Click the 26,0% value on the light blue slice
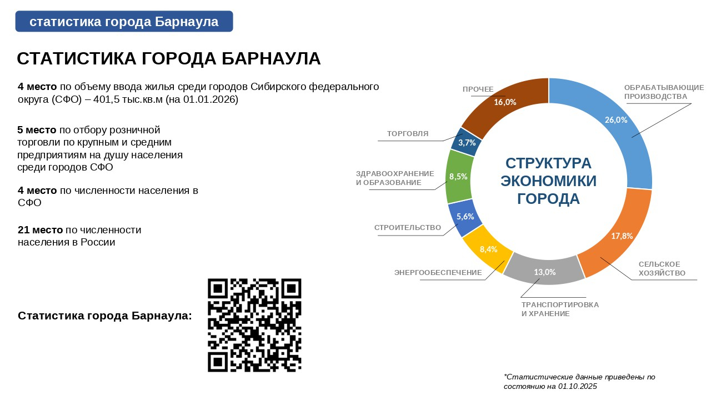tap(616, 119)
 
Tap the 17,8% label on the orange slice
tap(622, 236)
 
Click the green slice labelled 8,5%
tap(459, 177)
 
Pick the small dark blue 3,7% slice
tap(466, 142)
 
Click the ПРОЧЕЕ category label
tap(478, 89)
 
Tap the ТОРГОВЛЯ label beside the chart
tap(408, 134)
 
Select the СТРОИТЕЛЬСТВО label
tap(408, 228)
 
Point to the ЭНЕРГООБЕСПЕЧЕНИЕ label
tap(438, 273)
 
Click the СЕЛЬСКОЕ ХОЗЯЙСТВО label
tap(662, 268)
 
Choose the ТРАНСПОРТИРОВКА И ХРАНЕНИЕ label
tap(560, 309)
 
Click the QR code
tap(254, 325)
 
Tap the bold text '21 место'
tap(41, 230)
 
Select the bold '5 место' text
tap(37, 130)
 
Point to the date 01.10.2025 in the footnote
tap(577, 386)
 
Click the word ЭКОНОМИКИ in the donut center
tap(548, 181)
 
